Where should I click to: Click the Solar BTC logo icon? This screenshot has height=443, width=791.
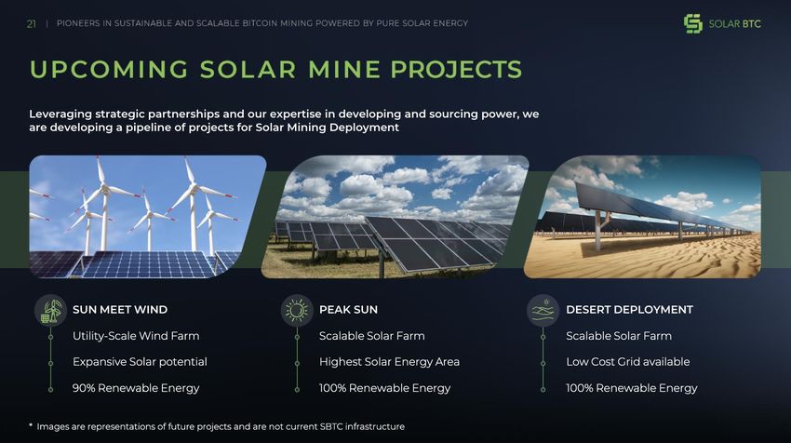pos(693,23)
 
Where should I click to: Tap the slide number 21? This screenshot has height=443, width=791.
pos(32,23)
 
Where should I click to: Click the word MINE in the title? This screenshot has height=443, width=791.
pos(344,70)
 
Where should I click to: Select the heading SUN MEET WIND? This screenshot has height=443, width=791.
pos(120,309)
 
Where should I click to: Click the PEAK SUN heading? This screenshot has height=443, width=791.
pos(348,309)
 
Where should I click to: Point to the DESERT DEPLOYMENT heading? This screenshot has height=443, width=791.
pos(629,309)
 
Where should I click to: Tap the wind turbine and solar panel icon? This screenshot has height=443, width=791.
pos(51,310)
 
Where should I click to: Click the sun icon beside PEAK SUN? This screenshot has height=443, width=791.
pos(297,310)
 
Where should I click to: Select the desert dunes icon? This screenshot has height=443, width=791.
pos(543,310)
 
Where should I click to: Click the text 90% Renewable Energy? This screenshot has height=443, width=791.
pos(136,388)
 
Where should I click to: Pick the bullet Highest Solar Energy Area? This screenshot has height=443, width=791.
pos(389,362)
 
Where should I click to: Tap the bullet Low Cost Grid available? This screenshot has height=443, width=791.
pos(627,362)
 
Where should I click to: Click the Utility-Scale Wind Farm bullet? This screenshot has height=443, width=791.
pos(136,336)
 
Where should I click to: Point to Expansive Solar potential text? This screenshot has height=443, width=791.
pos(140,362)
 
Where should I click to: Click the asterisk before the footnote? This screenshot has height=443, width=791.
pos(31,425)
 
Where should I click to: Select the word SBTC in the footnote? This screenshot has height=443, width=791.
pos(331,426)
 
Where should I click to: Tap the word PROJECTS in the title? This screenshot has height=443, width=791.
pos(456,70)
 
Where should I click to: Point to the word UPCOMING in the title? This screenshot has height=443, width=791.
pos(109,70)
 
